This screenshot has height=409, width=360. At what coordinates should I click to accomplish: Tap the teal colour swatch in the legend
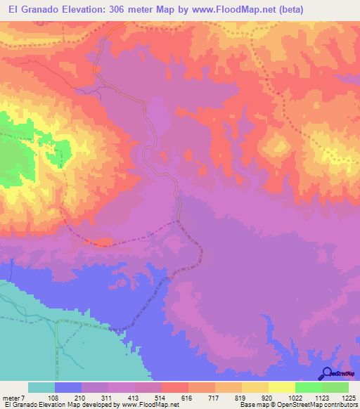coord(41,387)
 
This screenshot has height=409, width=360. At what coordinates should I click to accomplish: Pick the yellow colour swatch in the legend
coord(281,387)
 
